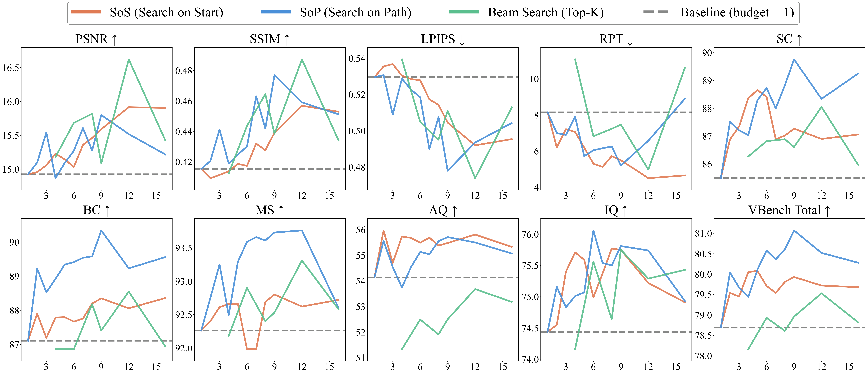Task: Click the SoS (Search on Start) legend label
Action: click(166, 12)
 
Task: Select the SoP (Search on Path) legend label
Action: click(355, 12)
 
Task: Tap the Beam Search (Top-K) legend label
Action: click(546, 12)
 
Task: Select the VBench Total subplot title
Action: click(789, 210)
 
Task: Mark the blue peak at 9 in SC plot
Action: click(794, 60)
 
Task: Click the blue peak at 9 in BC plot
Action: click(101, 231)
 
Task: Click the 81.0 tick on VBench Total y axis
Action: click(703, 234)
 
